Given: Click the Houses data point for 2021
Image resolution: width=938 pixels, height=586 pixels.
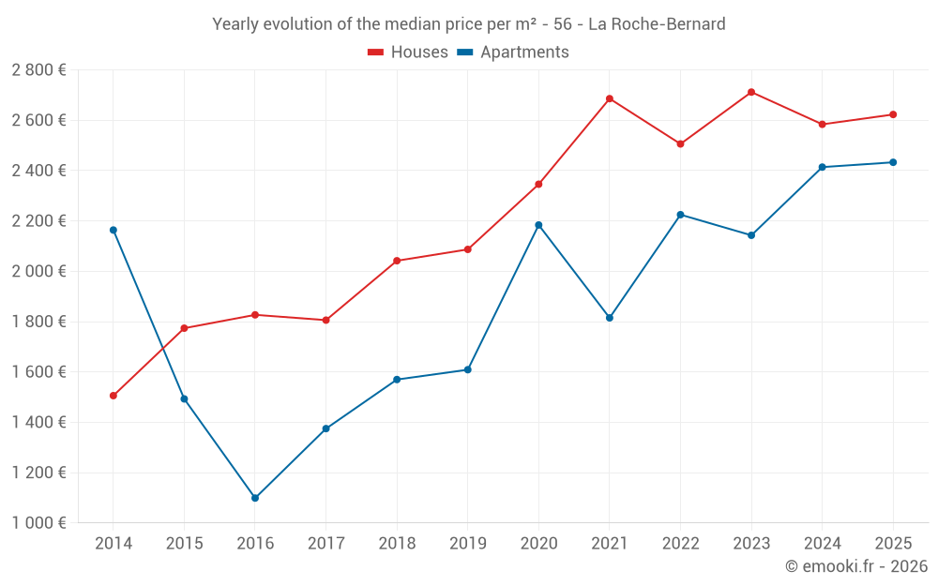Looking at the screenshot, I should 610,98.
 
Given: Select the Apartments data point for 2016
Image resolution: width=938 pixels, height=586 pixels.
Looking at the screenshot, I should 255,498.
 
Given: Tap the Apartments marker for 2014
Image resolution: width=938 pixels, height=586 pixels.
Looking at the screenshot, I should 113,230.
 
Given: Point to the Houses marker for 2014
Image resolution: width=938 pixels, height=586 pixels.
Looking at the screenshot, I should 113,396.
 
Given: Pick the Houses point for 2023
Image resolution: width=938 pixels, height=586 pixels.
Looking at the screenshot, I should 751,92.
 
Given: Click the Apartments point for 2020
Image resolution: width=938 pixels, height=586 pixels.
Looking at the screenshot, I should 538,225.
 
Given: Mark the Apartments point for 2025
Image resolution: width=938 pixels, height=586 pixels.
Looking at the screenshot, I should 893,162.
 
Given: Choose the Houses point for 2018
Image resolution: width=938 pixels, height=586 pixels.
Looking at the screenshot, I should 397,261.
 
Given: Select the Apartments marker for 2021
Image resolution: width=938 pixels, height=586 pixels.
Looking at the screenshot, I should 610,318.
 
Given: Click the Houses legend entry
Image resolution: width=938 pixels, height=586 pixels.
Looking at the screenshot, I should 408,53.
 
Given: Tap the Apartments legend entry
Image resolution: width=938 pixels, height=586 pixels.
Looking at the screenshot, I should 513,53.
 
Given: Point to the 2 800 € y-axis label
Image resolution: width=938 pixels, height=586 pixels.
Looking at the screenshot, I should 38,70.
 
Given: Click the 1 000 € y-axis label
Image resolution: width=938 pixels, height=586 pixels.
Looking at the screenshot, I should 38,523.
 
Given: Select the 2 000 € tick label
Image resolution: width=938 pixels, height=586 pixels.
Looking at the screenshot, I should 38,271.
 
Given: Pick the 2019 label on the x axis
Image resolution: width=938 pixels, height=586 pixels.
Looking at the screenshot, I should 467,543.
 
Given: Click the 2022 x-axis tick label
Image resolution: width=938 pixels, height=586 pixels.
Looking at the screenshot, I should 680,543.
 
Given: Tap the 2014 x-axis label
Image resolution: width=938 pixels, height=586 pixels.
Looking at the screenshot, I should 113,543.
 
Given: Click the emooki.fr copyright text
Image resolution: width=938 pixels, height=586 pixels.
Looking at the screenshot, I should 855,566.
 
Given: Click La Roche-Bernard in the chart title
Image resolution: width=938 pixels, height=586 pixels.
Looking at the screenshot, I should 657,24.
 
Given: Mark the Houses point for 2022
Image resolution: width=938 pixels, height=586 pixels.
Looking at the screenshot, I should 680,144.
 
